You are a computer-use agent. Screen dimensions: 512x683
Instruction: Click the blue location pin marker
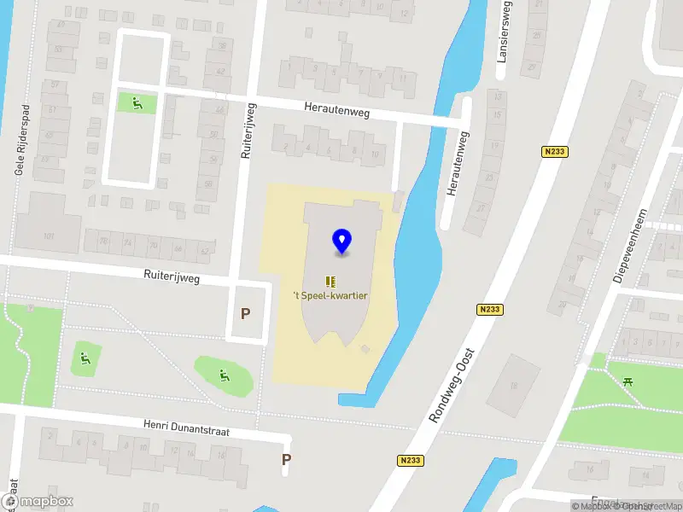342,241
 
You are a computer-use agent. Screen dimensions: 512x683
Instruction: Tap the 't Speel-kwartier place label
330,297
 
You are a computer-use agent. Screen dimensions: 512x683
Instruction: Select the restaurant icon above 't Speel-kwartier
330,281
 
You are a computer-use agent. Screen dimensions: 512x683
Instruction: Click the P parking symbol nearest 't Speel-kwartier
246,313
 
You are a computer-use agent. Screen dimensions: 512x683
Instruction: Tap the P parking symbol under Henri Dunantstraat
287,459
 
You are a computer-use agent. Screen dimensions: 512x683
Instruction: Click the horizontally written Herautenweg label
337,109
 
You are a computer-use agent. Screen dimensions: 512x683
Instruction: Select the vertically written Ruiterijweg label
247,132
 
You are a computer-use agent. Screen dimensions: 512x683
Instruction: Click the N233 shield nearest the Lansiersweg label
553,151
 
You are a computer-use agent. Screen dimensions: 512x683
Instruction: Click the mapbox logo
37,502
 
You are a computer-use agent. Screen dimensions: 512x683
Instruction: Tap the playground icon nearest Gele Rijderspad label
137,103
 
